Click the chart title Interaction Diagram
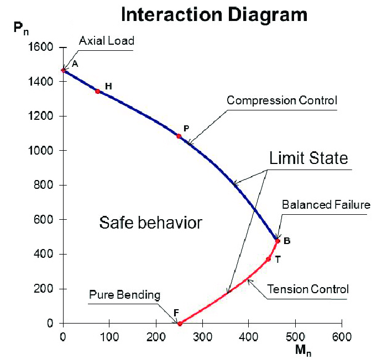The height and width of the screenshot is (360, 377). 214,15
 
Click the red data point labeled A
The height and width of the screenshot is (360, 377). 64,70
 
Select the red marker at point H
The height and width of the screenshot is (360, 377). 98,91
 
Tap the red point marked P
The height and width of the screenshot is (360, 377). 179,136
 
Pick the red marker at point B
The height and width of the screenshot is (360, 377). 277,241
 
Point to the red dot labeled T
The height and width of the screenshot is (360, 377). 269,259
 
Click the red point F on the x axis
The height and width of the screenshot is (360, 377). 180,324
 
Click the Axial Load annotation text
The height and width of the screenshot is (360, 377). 107,41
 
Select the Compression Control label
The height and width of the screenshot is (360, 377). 282,100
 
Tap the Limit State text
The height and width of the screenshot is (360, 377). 308,158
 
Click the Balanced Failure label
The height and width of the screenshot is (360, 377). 326,205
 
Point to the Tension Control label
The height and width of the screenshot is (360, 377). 308,289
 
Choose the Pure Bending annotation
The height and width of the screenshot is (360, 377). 124,295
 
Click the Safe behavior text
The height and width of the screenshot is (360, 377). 151,223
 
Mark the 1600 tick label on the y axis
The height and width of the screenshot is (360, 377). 41,47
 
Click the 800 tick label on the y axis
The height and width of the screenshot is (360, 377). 44,186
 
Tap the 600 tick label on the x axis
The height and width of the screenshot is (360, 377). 342,336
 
